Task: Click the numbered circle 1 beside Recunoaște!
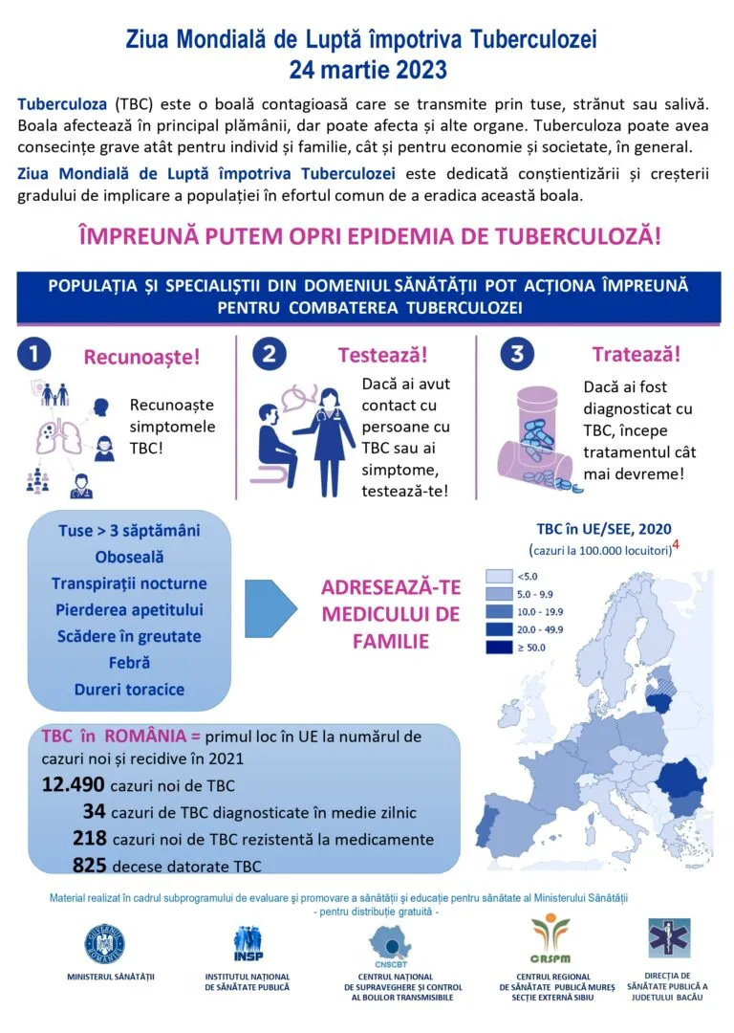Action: pos(33,354)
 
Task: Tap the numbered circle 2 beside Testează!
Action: pos(270,354)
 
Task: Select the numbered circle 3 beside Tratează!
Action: pos(517,354)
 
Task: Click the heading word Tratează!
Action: pos(637,354)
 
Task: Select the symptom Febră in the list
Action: pos(129,662)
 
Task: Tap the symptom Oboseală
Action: pos(129,556)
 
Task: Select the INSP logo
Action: pos(248,945)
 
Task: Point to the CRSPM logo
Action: pos(550,943)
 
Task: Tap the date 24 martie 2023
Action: pos(367,69)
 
